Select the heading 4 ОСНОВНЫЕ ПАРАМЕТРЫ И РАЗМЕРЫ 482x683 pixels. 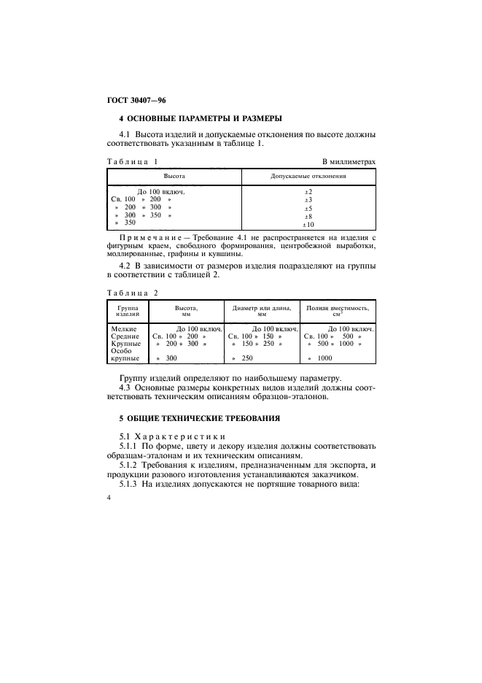pyautogui.click(x=201, y=118)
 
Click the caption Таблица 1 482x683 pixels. pyautogui.click(x=132, y=161)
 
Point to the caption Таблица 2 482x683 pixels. pyautogui.click(x=132, y=293)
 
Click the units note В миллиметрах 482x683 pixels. pyautogui.click(x=349, y=161)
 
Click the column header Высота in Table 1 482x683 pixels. pyautogui.click(x=174, y=177)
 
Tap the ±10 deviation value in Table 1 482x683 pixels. pyautogui.click(x=308, y=225)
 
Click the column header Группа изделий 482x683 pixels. pyautogui.click(x=128, y=311)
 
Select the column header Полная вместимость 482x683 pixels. pyautogui.click(x=338, y=309)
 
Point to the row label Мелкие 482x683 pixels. pyautogui.click(x=123, y=330)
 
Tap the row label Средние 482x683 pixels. pyautogui.click(x=125, y=337)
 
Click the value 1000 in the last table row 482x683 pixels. pyautogui.click(x=325, y=359)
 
